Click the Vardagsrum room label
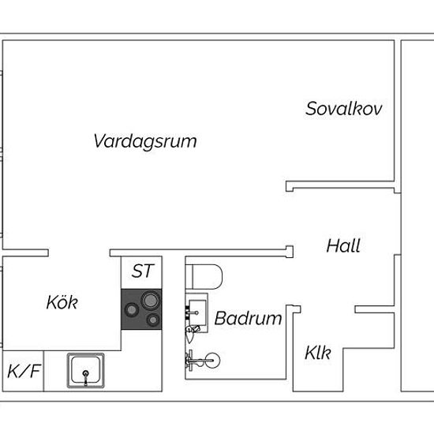click(x=145, y=142)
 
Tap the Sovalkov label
click(x=344, y=109)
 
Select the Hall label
click(x=343, y=245)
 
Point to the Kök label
click(x=62, y=302)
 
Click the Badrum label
click(x=249, y=318)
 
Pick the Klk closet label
click(x=318, y=353)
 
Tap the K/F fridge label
click(x=24, y=371)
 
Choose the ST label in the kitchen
click(x=143, y=271)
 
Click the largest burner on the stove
click(x=150, y=301)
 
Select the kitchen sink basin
click(x=86, y=370)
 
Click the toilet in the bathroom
click(x=204, y=277)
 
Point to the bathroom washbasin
click(x=197, y=312)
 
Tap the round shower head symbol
click(x=212, y=361)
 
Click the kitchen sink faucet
click(x=86, y=378)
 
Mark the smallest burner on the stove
click(x=153, y=320)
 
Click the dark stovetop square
click(x=141, y=309)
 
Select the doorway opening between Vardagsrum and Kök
click(x=79, y=253)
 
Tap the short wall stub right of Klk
click(x=375, y=309)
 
